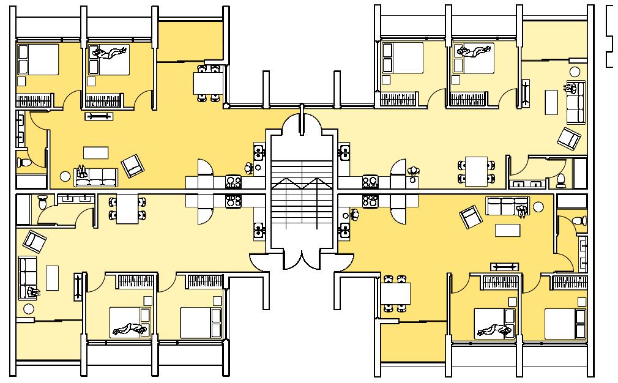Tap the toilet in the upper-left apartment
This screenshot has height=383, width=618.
point(22,163)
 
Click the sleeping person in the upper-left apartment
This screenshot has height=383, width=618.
point(110,54)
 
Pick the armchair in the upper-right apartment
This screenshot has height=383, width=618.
point(569,139)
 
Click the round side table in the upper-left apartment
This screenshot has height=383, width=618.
point(64,177)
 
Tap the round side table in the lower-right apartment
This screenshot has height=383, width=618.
point(538,207)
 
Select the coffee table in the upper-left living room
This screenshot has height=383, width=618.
point(95,152)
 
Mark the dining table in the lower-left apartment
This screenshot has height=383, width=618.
point(127,207)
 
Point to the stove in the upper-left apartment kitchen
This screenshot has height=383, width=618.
point(233,181)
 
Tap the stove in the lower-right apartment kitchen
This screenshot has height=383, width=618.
point(370,201)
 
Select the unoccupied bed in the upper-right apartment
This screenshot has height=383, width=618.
point(401,58)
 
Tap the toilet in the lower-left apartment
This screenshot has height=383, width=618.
point(42,203)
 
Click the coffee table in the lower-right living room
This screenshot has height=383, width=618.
point(507,230)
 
